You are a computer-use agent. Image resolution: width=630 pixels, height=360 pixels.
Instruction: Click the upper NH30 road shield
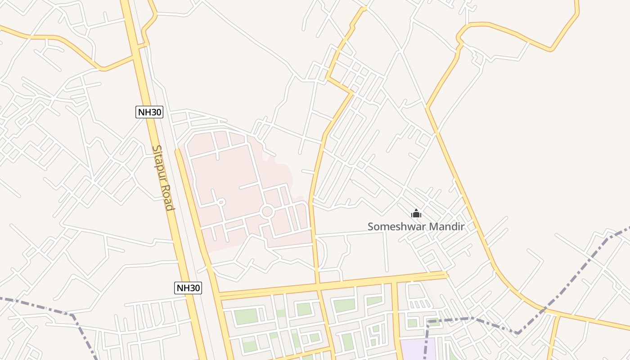point(149,112)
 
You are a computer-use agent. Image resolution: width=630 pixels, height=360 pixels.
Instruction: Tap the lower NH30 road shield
point(188,288)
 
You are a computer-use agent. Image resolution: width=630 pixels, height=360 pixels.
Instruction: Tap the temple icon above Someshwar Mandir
point(416,213)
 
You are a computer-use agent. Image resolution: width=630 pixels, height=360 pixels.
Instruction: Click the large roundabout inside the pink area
point(267,211)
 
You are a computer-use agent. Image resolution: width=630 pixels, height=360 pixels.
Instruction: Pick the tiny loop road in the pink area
point(220,202)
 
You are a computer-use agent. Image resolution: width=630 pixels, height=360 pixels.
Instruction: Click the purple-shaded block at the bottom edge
point(418,349)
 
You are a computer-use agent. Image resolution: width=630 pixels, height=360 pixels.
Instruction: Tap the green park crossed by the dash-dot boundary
point(434,322)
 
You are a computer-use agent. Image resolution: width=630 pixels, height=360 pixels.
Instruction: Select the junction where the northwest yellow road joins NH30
point(133,56)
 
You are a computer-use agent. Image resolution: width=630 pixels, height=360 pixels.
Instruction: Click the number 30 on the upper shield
point(155,112)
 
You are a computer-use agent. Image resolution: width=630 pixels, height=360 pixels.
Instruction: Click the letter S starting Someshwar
point(371,226)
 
